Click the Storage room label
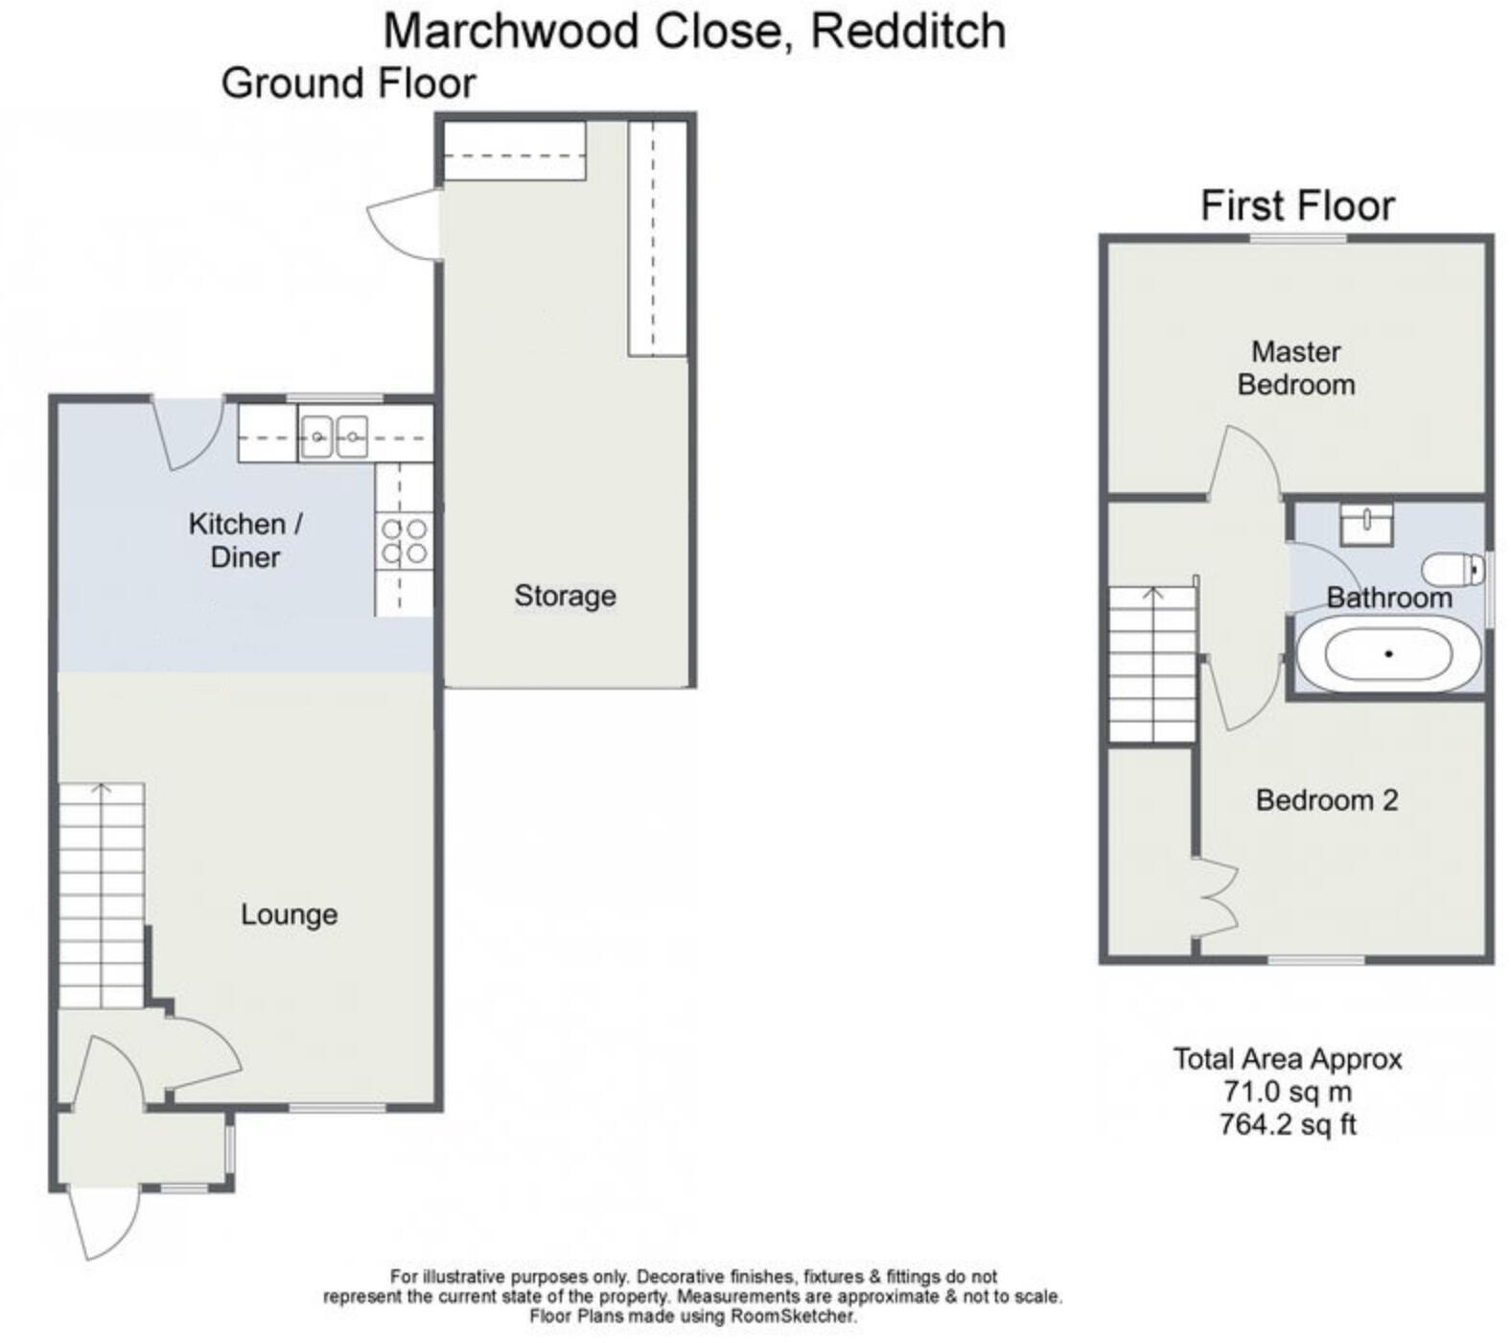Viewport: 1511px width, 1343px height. click(565, 596)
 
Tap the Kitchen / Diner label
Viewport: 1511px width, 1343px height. click(245, 540)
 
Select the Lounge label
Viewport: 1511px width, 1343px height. click(289, 914)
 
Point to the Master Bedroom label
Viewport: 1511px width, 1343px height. click(1295, 368)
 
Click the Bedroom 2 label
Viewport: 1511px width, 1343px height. click(1326, 800)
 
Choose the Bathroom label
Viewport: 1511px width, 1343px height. click(1388, 598)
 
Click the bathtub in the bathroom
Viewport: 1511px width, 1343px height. click(1387, 655)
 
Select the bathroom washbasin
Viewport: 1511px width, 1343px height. click(1365, 524)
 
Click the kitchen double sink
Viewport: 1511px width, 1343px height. click(334, 437)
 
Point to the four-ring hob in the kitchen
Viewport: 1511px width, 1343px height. click(404, 541)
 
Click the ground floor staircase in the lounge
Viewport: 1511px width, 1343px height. click(102, 894)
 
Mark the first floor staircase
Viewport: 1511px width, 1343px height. click(1152, 664)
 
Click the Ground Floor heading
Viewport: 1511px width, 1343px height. click(348, 83)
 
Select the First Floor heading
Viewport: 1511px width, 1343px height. click(1297, 205)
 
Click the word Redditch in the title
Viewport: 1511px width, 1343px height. click(908, 31)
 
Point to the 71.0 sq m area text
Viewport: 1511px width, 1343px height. click(1287, 1092)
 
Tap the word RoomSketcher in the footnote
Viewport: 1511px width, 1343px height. click(792, 1316)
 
